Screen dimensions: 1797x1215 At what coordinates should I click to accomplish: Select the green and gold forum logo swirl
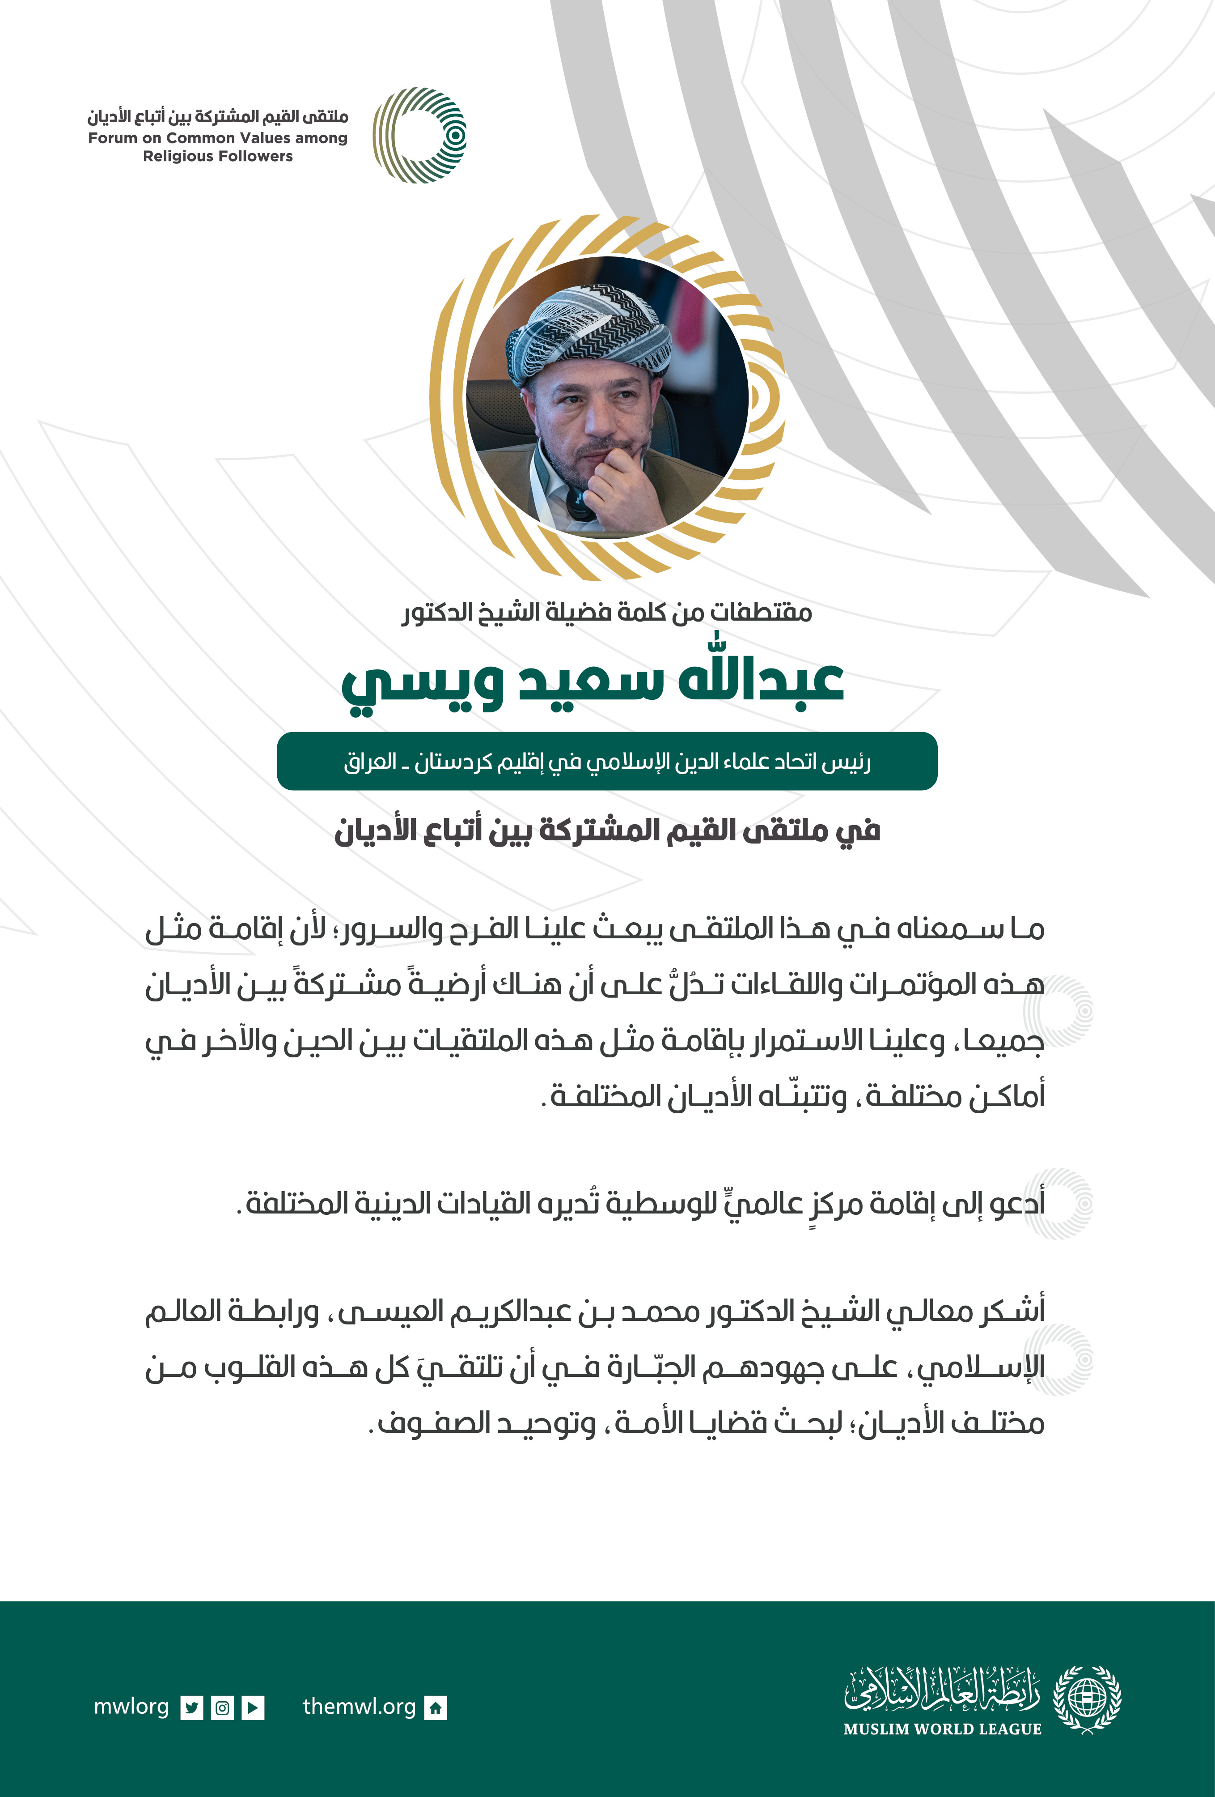click(x=420, y=135)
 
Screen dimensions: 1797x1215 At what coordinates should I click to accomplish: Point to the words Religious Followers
click(x=218, y=156)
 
